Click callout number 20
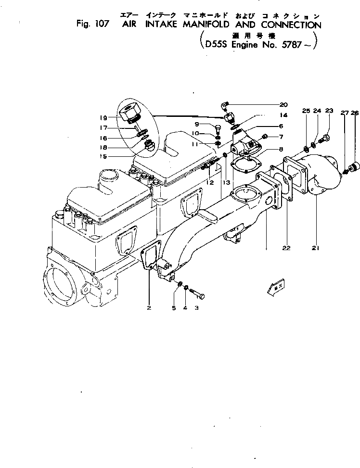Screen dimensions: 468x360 point(283,104)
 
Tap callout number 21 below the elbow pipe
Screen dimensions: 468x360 point(316,248)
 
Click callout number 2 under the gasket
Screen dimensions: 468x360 point(149,307)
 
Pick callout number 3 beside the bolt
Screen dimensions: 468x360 point(196,307)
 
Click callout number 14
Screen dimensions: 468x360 point(283,115)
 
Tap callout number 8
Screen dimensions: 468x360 point(281,149)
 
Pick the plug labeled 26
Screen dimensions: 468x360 point(355,167)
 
